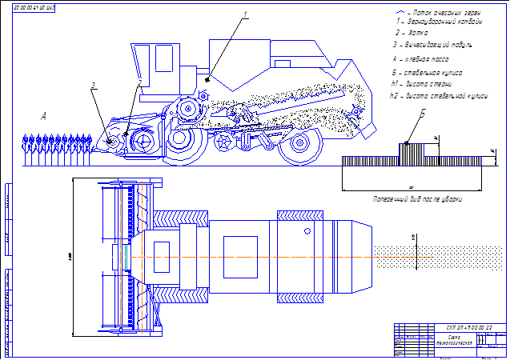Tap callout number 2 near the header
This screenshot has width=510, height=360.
pos(139,82)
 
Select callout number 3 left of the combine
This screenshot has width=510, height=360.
pos(93,85)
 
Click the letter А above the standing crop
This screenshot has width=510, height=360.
pos(43,117)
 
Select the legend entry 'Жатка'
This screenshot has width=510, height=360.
pos(412,34)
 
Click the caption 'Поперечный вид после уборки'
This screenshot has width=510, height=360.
pos(417,198)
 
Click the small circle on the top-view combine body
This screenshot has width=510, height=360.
pos(307,232)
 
